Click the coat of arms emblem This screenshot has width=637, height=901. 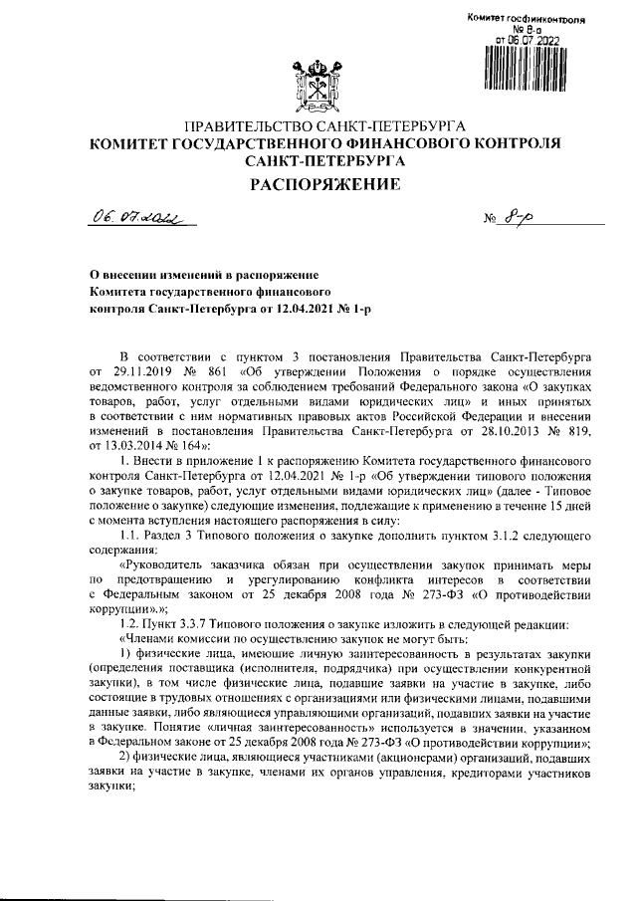point(318,86)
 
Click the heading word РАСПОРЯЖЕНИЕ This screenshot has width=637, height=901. point(318,183)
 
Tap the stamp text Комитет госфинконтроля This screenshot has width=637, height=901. point(525,20)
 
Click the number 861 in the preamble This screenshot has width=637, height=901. point(212,370)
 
